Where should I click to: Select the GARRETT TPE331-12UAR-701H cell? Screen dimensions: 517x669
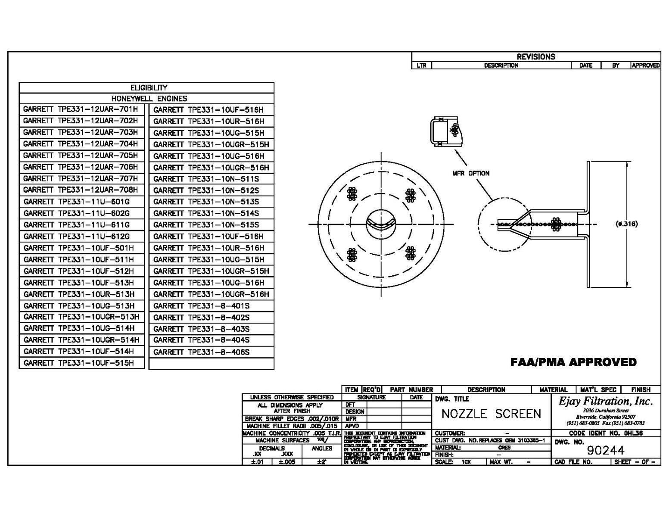[x=81, y=109]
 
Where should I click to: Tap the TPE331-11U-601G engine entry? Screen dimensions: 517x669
[x=77, y=202]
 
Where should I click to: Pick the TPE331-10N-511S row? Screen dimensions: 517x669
[x=206, y=179]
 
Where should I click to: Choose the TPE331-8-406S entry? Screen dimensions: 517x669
[x=201, y=352]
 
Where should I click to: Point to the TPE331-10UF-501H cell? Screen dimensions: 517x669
[x=79, y=248]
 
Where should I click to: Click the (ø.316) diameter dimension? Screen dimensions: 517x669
[x=627, y=224]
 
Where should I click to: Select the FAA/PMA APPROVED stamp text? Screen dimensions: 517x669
[x=573, y=362]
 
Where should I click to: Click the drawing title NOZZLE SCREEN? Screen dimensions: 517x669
[x=491, y=414]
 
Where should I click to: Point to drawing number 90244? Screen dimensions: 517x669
[x=605, y=450]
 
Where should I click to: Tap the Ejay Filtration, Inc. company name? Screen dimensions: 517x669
[x=606, y=402]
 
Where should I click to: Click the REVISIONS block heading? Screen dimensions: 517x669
[x=535, y=57]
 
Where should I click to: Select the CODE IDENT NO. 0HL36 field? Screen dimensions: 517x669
[x=605, y=433]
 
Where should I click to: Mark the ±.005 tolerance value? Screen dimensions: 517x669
[x=287, y=462]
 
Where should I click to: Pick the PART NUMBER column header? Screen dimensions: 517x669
[x=411, y=389]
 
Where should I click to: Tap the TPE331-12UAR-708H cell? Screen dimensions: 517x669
[x=81, y=190]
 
